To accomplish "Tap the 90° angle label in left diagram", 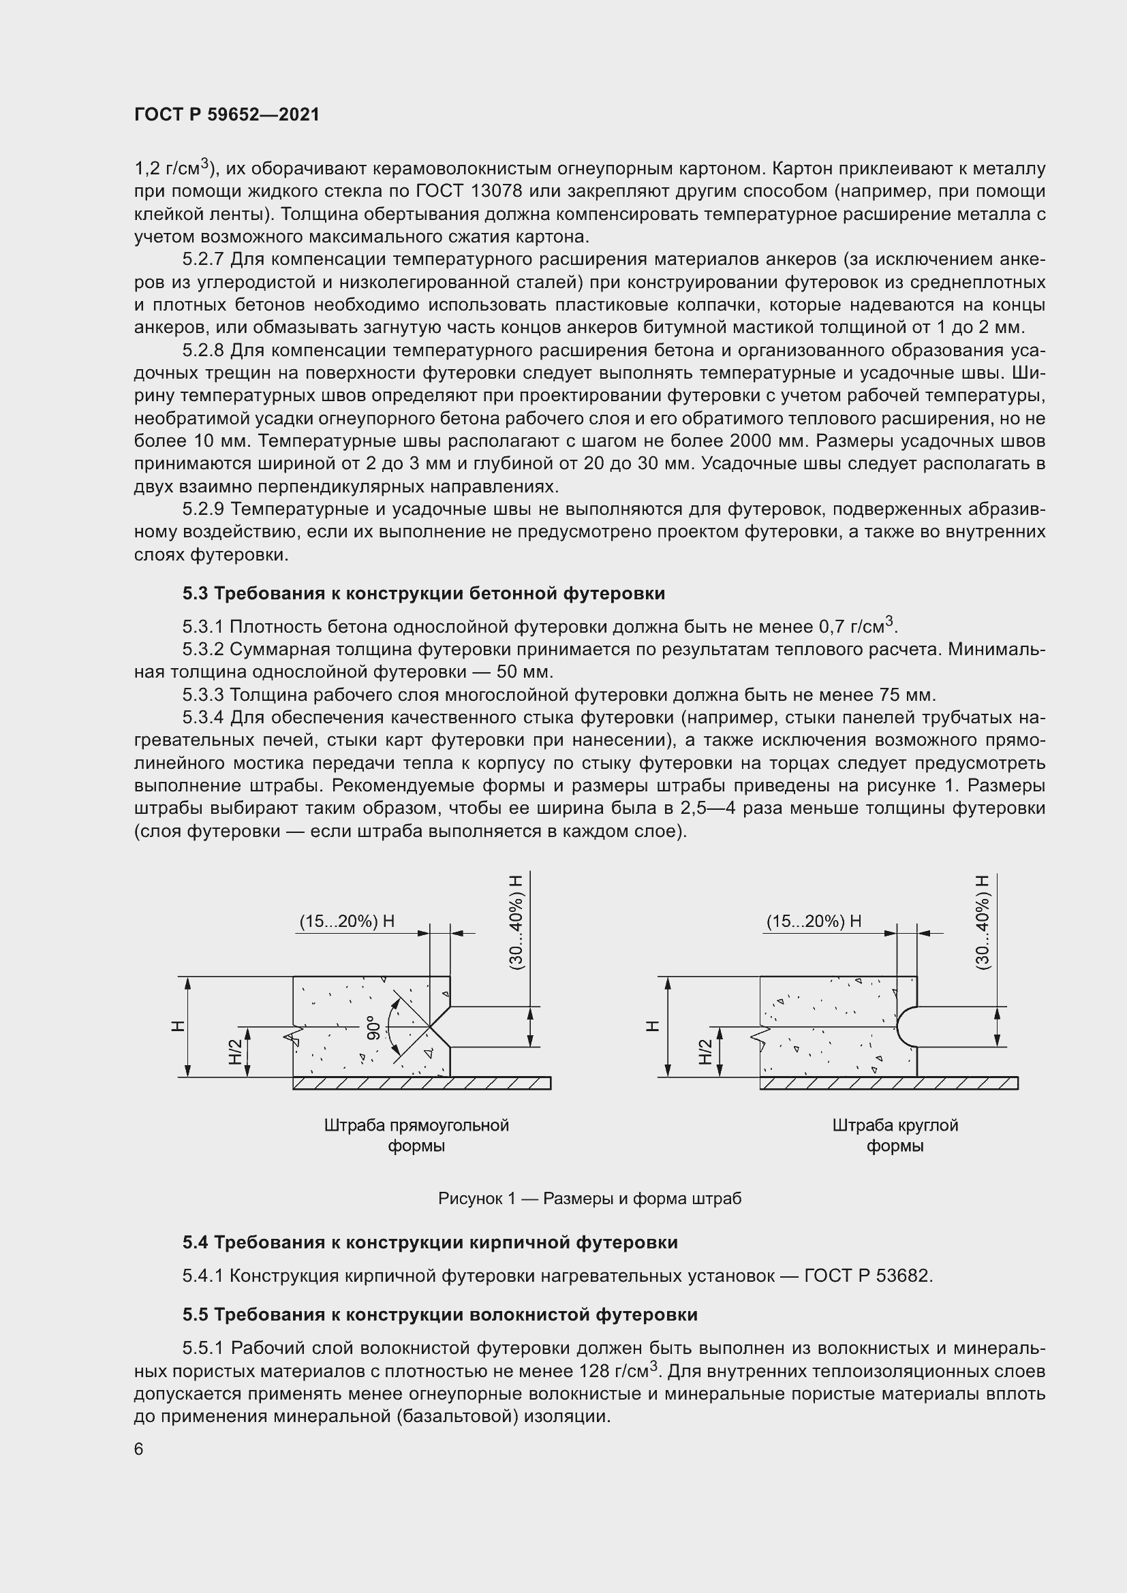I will click(374, 1027).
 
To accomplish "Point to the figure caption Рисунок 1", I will click(590, 1198).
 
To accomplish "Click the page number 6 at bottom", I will click(139, 1449).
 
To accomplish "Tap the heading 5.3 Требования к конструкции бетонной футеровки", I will click(423, 593).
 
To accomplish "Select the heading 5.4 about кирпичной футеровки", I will click(429, 1242).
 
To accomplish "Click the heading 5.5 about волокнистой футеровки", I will click(440, 1314).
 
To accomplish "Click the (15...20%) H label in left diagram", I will click(347, 921).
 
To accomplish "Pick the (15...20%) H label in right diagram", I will click(814, 921).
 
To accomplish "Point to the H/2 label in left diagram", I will click(235, 1051).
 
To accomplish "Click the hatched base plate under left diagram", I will click(421, 1083).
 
